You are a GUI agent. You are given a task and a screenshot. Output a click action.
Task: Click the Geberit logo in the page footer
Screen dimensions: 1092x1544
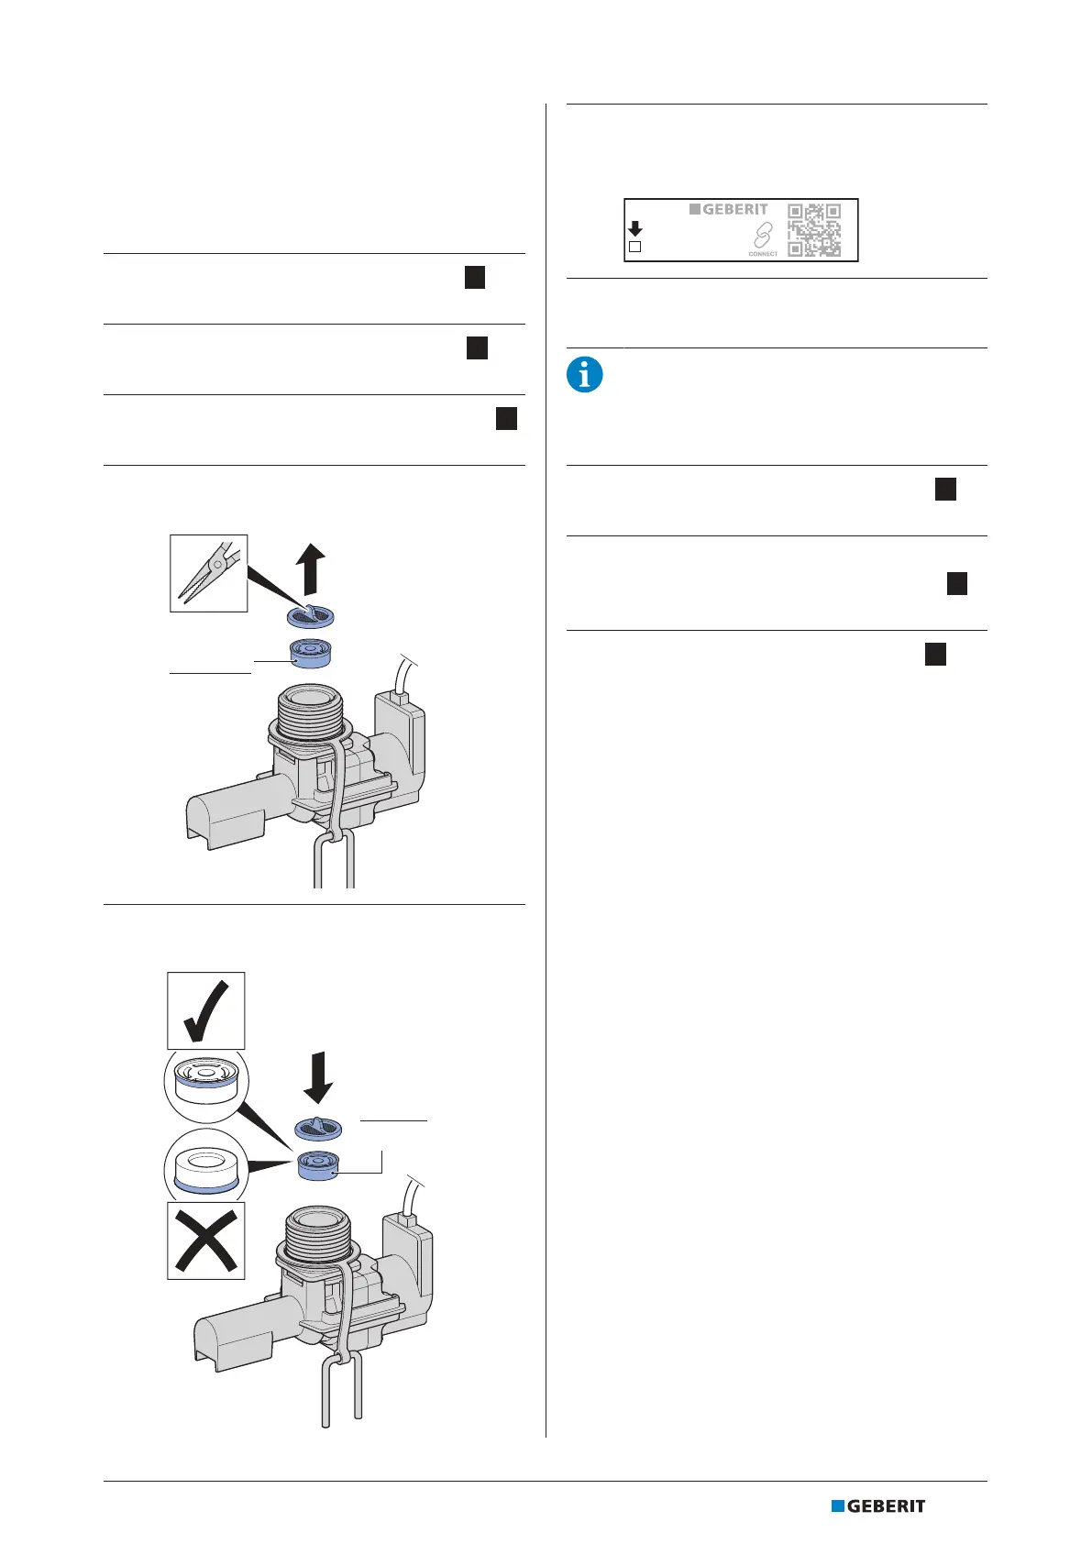tap(878, 1505)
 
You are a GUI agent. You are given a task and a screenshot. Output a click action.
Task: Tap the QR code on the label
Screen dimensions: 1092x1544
tap(814, 229)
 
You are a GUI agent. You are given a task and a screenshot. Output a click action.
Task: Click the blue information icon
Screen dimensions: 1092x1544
tap(585, 375)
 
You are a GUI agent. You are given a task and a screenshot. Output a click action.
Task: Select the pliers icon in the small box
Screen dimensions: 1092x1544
tap(209, 573)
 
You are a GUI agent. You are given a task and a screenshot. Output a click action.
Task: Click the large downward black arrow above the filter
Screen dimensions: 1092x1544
tap(317, 1076)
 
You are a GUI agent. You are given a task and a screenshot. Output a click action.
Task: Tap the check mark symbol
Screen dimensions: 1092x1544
tap(205, 1010)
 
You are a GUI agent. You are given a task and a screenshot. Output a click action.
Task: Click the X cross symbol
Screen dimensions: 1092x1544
tap(205, 1240)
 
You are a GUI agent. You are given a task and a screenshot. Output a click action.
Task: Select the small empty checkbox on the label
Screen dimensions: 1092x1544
tap(634, 247)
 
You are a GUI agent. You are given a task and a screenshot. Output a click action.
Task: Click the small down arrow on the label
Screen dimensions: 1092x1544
tap(634, 228)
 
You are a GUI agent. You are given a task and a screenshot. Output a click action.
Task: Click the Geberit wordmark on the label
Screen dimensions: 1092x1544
tap(729, 209)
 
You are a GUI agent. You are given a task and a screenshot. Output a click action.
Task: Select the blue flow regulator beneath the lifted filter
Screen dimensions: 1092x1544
tap(310, 655)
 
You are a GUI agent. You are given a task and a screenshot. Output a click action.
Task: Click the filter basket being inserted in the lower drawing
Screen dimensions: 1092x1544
tap(318, 1130)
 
